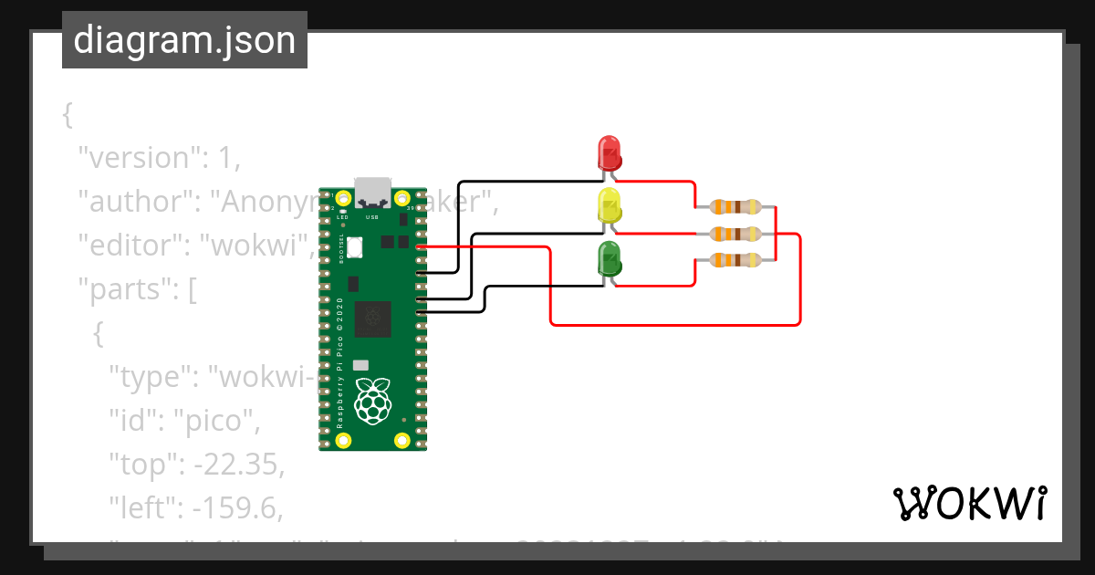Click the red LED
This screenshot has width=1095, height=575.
pyautogui.click(x=609, y=152)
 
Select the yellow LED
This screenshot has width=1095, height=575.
pyautogui.click(x=609, y=206)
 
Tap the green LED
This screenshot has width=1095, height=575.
pyautogui.click(x=609, y=259)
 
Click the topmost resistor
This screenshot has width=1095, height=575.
pyautogui.click(x=735, y=207)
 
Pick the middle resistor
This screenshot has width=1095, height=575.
pyautogui.click(x=735, y=234)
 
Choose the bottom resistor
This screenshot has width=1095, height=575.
pyautogui.click(x=735, y=260)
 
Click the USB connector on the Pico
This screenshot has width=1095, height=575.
pyautogui.click(x=372, y=191)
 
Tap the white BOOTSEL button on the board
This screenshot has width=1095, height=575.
pyautogui.click(x=354, y=246)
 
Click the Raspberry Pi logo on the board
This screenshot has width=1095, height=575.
pyautogui.click(x=371, y=402)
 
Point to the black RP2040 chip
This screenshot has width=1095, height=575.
pyautogui.click(x=372, y=319)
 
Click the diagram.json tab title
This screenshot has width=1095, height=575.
pyautogui.click(x=184, y=40)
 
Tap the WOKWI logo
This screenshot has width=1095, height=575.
pyautogui.click(x=968, y=503)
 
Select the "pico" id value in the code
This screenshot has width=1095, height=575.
pyautogui.click(x=224, y=422)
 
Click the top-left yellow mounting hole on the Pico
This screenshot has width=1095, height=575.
pyautogui.click(x=343, y=199)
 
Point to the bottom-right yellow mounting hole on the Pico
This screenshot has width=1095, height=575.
pyautogui.click(x=401, y=441)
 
